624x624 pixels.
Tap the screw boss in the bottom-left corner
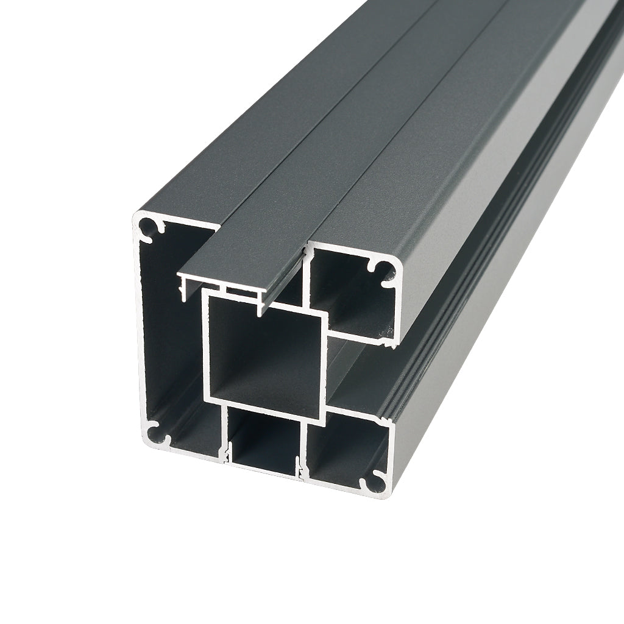[x=156, y=433]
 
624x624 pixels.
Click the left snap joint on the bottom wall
[x=226, y=453]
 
